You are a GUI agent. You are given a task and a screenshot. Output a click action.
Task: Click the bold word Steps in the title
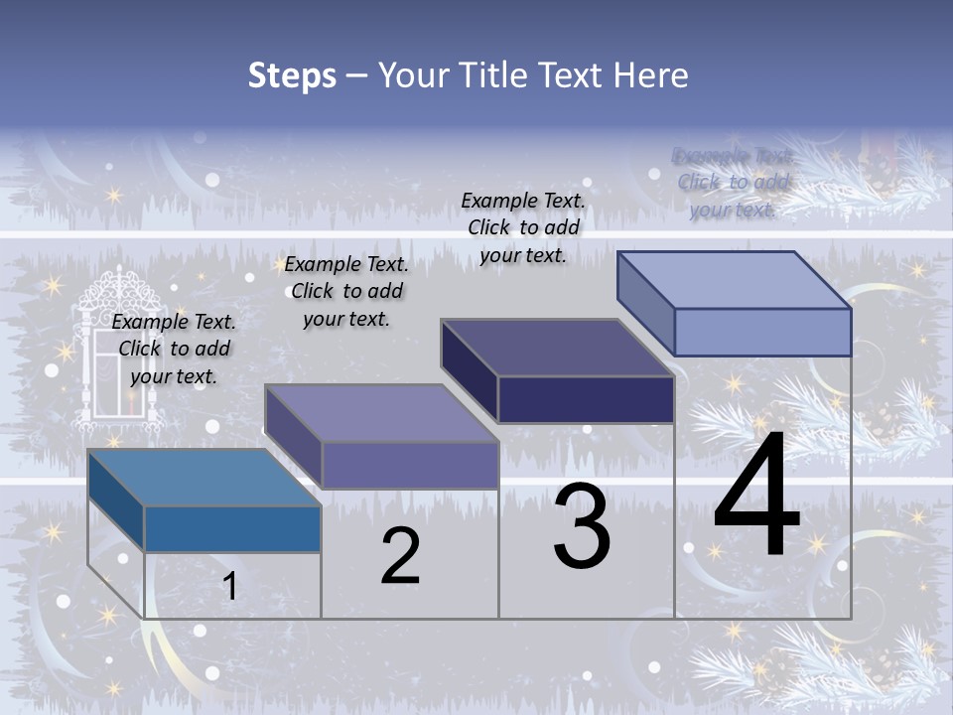pos(291,75)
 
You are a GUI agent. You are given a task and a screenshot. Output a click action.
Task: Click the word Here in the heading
pos(651,75)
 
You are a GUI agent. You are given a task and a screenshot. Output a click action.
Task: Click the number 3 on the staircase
pos(582,526)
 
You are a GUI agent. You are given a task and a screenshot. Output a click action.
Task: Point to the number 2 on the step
pos(400,556)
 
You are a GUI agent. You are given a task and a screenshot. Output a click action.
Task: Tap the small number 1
pos(229,587)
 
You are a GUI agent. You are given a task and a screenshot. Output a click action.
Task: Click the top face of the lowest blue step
pos(204,477)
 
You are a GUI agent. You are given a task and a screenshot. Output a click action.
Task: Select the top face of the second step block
pos(380,412)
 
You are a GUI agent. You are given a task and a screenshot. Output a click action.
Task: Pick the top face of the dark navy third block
pos(557,347)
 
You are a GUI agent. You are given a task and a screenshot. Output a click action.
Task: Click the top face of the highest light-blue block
pos(734,279)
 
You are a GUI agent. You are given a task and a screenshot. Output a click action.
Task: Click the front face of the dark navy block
pos(586,399)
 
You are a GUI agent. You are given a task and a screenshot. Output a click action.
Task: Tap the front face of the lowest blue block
pos(232,528)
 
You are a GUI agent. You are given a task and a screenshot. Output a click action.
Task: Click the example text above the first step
pos(174,349)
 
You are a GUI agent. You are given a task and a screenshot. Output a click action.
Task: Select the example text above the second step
pos(346,291)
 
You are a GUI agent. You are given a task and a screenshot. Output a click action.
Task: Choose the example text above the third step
pos(523,227)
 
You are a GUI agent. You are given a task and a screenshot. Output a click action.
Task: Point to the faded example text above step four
pos(733,183)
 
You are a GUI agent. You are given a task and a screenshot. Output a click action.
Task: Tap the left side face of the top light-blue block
pos(646,302)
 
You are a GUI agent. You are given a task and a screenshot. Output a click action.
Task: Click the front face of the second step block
pos(410,465)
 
